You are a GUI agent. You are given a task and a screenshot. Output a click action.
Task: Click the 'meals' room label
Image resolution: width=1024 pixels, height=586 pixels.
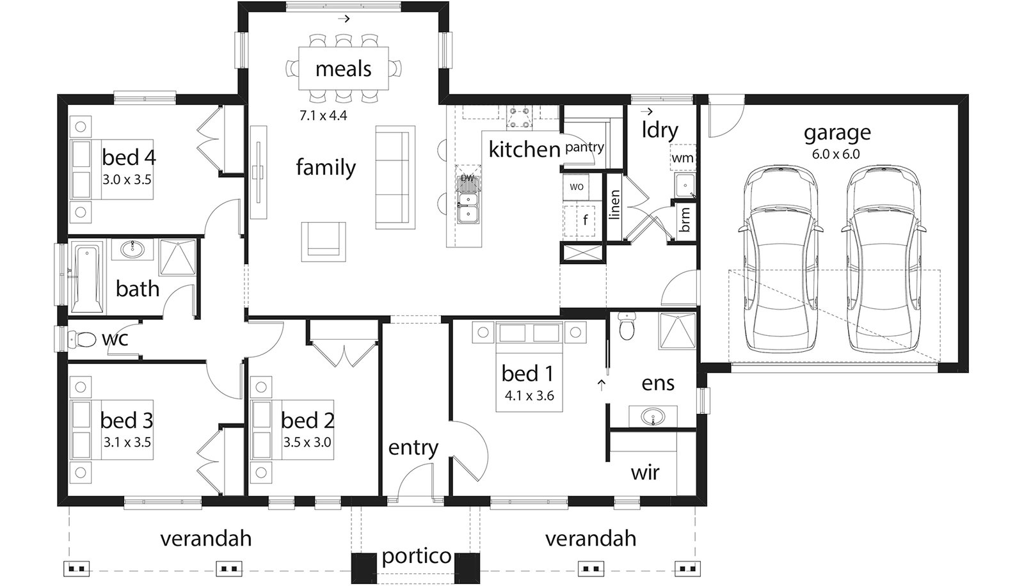(343, 68)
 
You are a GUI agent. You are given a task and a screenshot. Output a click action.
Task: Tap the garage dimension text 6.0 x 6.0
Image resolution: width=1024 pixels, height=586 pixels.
(836, 154)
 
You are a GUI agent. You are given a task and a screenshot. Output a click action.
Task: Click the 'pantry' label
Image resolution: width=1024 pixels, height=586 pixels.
(584, 147)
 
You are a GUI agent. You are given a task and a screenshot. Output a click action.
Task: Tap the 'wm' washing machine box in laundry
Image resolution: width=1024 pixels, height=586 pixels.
(682, 157)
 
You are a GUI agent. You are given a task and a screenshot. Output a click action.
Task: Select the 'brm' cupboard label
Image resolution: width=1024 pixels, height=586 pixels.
(685, 219)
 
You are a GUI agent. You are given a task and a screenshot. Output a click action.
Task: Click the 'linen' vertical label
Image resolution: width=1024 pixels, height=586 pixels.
(614, 205)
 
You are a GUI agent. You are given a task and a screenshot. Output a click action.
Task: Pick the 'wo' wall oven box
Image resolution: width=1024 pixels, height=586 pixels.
(576, 187)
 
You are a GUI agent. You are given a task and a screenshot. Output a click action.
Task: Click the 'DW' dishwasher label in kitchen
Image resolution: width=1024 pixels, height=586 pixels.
(468, 177)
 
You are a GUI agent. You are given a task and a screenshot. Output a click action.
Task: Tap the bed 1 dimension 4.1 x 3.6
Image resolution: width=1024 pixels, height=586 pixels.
(529, 396)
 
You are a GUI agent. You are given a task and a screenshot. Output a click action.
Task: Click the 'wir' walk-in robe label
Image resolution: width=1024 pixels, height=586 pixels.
(644, 473)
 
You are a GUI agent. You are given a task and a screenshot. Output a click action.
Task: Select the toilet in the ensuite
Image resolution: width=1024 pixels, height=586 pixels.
(627, 326)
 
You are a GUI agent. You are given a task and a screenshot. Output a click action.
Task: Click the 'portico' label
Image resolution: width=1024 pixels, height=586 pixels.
(417, 556)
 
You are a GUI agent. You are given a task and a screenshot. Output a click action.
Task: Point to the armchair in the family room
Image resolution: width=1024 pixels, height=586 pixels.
(324, 241)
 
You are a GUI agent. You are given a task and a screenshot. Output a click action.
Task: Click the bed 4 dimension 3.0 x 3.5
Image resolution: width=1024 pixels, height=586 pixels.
(127, 180)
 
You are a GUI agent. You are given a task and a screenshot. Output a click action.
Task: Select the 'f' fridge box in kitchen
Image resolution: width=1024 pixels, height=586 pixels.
(584, 221)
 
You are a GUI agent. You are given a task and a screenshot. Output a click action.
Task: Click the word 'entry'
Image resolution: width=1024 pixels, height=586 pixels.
(413, 448)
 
